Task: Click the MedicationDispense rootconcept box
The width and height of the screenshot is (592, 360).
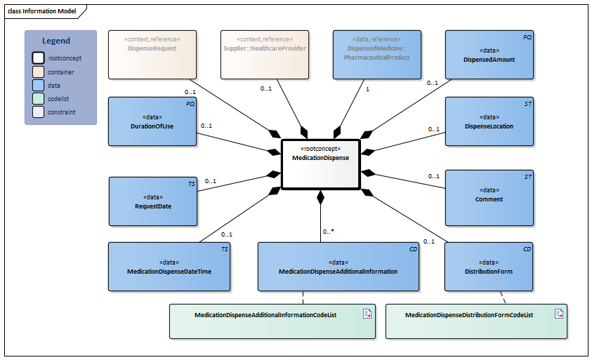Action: click(x=320, y=164)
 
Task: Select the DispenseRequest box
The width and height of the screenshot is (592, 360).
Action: click(x=152, y=54)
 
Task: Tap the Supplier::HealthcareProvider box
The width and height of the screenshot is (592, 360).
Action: click(x=265, y=54)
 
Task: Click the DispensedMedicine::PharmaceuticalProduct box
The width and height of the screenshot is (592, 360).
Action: click(x=377, y=54)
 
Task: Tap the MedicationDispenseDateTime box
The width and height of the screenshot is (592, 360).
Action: click(x=169, y=267)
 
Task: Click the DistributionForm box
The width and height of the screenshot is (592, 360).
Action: click(x=489, y=267)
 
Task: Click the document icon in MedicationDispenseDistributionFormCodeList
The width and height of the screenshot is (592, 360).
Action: click(x=559, y=314)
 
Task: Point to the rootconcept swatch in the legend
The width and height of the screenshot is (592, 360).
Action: click(x=39, y=58)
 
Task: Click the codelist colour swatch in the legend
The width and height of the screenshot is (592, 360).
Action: click(x=39, y=98)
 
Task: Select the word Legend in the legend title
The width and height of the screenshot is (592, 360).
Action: click(x=56, y=41)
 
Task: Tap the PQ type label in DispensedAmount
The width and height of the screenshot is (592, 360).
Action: click(x=527, y=36)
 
